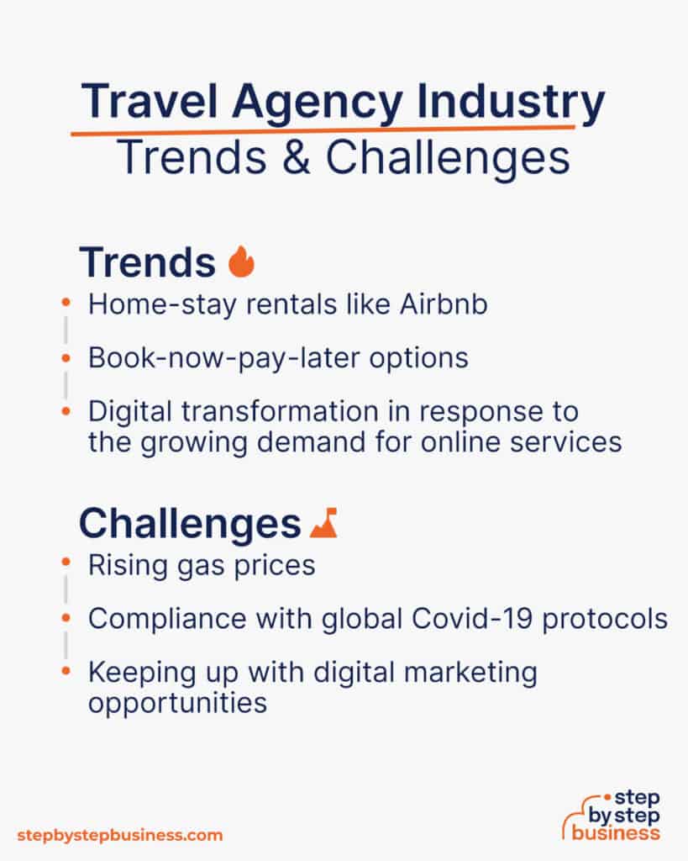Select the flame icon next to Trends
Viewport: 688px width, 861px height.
click(x=241, y=263)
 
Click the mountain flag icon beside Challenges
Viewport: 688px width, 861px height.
click(x=323, y=525)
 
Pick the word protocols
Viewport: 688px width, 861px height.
click(x=613, y=619)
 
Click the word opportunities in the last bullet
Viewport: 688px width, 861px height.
click(x=177, y=701)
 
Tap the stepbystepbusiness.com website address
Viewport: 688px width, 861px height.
click(x=120, y=835)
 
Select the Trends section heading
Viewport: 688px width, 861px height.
click(x=147, y=263)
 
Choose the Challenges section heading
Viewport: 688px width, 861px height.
click(x=190, y=524)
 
